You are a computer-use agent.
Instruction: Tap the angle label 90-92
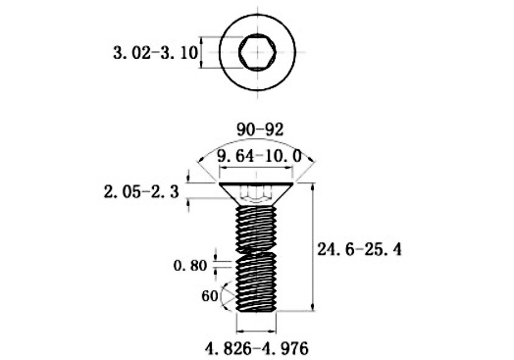click(x=256, y=128)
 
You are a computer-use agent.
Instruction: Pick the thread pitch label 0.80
click(x=190, y=264)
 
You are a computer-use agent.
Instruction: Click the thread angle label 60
click(x=208, y=294)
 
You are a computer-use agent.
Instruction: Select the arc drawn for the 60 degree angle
click(x=226, y=292)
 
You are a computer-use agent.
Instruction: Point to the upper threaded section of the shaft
click(x=257, y=226)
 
